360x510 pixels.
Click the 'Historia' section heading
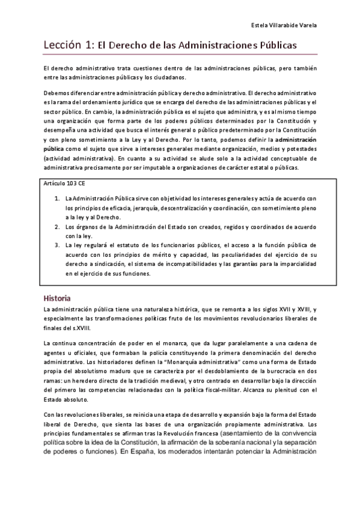pos(58,298)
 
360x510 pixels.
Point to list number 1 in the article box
pos(56,198)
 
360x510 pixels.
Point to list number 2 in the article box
pos(56,226)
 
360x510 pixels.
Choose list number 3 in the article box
pos(56,245)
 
